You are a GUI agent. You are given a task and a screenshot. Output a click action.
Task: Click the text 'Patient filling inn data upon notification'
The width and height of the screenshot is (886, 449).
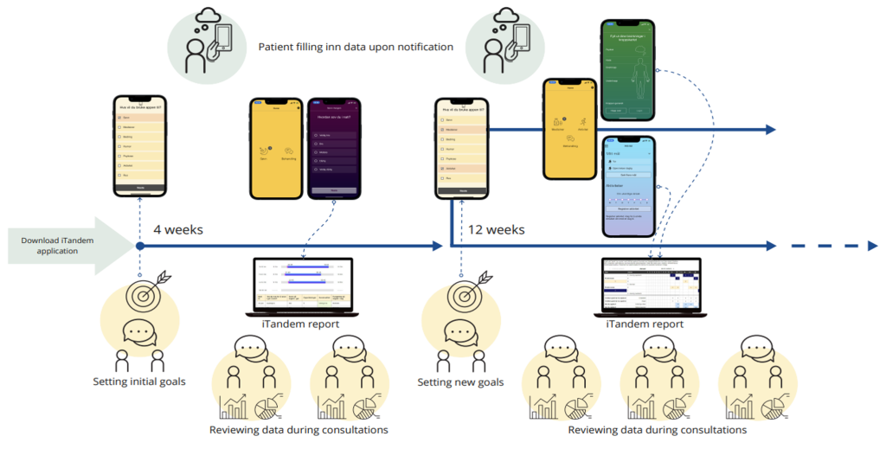[x=356, y=47]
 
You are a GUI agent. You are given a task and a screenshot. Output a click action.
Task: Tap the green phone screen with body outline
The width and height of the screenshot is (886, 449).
[x=627, y=74]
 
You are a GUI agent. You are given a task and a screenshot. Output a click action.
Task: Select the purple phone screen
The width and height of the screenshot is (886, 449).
[x=333, y=147]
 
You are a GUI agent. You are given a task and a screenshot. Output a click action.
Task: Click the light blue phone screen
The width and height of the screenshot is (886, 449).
[x=627, y=186]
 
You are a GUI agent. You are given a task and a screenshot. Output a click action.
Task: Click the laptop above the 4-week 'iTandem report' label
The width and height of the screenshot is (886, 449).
[x=303, y=285]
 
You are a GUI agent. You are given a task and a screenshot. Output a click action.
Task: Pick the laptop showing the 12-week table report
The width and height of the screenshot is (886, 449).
[x=652, y=285]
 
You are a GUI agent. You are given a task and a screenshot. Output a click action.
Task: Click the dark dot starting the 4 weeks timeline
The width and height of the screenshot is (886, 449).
[x=140, y=247]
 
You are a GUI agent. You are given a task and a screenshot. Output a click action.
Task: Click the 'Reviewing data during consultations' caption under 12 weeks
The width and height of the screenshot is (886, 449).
[x=657, y=430]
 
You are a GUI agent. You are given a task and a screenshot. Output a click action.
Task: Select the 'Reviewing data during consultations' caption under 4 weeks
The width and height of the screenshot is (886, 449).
[x=299, y=430]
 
